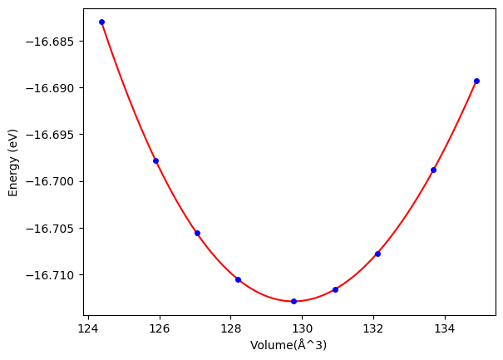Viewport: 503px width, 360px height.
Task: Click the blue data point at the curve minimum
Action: tap(293, 301)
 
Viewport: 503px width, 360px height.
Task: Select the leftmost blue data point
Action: tap(101, 22)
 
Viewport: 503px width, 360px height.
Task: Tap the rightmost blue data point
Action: tap(476, 81)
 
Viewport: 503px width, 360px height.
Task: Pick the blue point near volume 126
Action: tap(155, 160)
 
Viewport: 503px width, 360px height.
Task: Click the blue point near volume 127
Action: tap(197, 233)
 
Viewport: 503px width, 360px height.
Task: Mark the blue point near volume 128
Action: tap(238, 279)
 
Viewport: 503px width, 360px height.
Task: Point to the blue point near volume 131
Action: tap(335, 289)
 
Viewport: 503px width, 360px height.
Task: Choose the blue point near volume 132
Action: tap(377, 254)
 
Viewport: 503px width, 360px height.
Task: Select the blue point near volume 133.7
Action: tap(433, 170)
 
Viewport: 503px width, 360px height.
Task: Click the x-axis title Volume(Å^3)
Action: tap(288, 345)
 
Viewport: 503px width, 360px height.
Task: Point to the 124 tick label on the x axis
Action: tap(88, 328)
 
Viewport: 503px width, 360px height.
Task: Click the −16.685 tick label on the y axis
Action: tap(55, 42)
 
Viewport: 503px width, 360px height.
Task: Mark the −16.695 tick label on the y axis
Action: tap(55, 135)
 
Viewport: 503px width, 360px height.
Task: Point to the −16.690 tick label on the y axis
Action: tap(55, 88)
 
